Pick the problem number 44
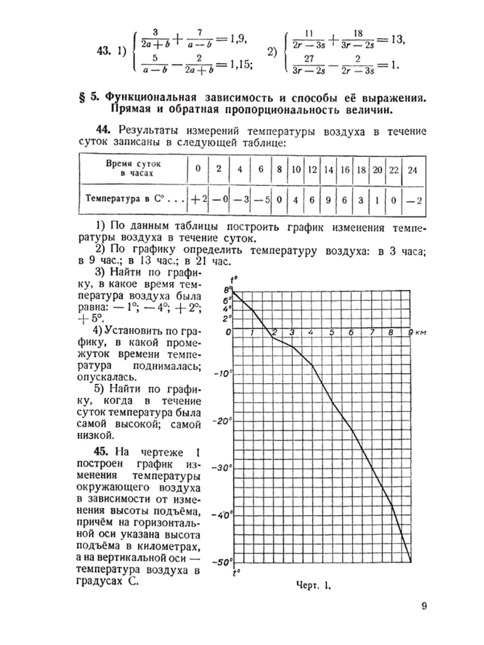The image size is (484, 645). (x=105, y=130)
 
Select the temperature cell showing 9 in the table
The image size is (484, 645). (x=328, y=198)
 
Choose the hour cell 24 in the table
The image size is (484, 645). (x=412, y=169)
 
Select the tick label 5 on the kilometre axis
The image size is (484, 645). (x=332, y=332)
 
